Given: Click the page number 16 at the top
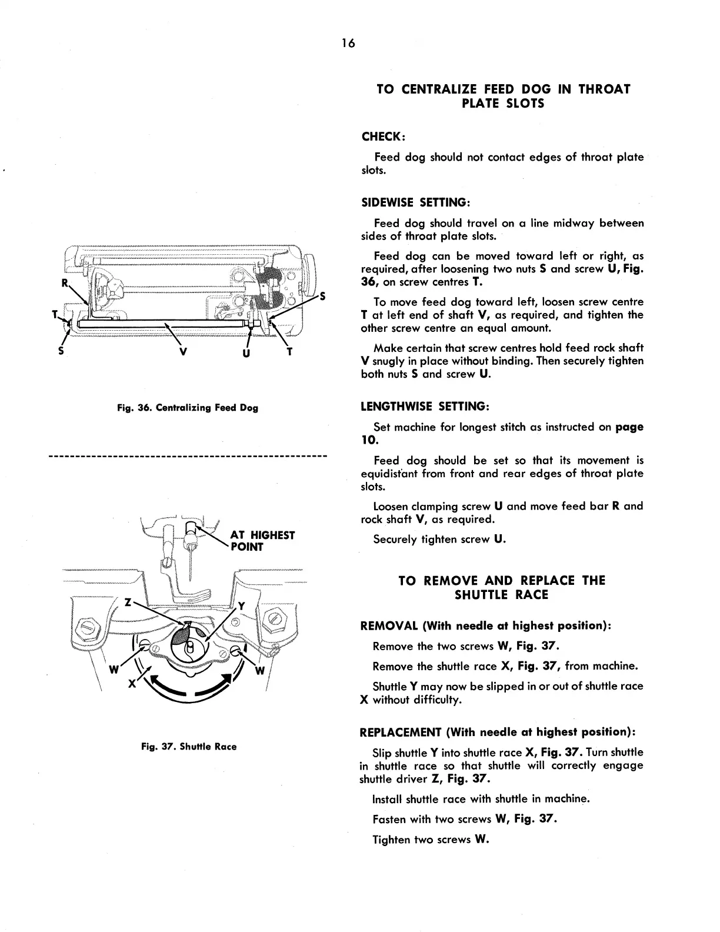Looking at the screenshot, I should pos(348,44).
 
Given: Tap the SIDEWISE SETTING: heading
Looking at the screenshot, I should pos(415,202).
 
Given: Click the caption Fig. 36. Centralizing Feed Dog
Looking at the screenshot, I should pos(188,407).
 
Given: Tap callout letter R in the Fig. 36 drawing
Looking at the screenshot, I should pos(65,283).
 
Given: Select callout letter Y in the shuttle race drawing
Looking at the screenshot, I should pos(241,606).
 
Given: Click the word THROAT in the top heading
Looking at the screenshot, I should pos(604,89).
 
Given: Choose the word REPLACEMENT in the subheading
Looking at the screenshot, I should pos(401,733).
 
